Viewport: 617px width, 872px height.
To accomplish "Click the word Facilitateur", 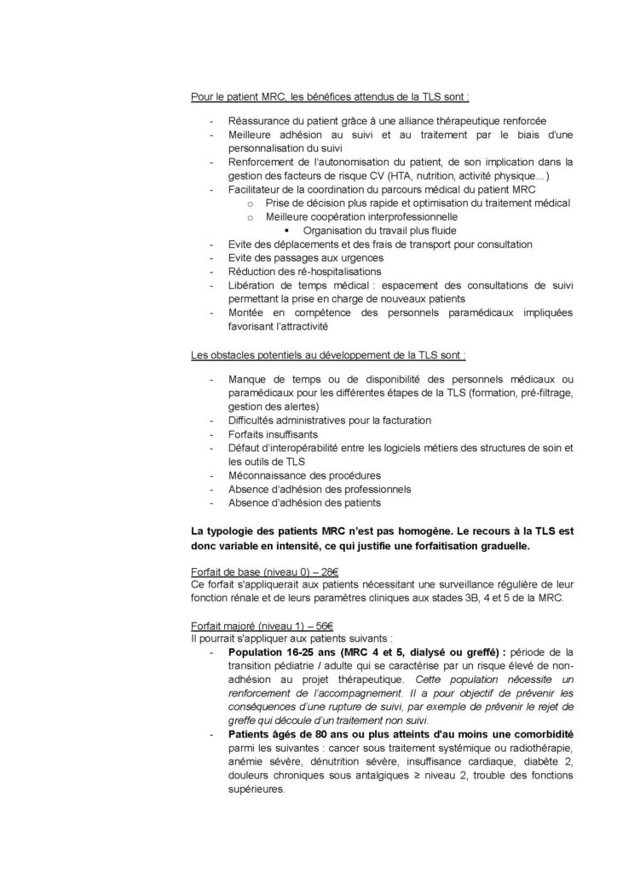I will (258, 188).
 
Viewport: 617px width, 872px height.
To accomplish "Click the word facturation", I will (403, 420).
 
